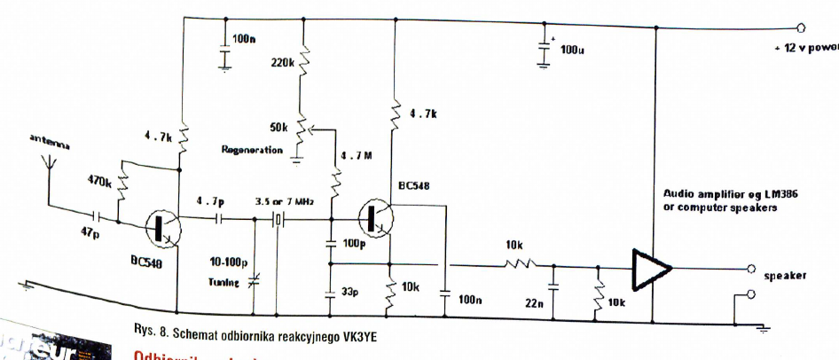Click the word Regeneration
pyautogui.click(x=252, y=150)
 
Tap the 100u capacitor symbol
pyautogui.click(x=544, y=50)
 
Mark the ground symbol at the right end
pyautogui.click(x=762, y=329)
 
